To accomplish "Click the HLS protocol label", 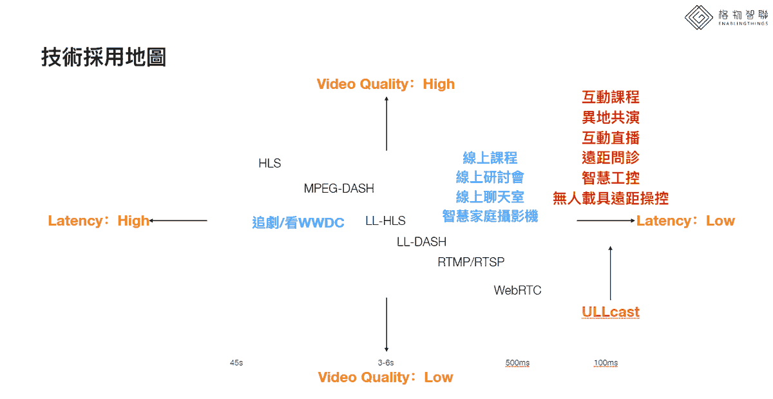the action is point(269,163).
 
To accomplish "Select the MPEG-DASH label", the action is point(339,188).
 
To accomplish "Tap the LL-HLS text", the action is point(385,220).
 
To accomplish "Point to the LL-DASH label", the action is point(421,242).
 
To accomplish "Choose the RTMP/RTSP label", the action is point(471,262).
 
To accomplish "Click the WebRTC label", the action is point(517,290).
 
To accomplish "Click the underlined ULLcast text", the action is point(611,312).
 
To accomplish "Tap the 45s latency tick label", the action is point(236,363).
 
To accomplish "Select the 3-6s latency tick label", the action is point(386,363).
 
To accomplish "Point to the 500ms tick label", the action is point(517,363).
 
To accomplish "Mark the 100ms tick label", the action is point(606,363).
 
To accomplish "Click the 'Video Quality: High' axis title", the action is point(386,84).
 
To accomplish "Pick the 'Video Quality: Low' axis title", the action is point(385,377).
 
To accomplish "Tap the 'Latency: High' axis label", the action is point(99,220).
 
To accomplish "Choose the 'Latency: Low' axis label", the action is point(685,220).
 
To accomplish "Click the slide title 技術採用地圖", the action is point(104,57).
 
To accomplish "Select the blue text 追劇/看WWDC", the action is point(298,222).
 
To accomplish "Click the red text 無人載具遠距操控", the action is point(611,199).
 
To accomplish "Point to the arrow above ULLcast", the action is point(611,273).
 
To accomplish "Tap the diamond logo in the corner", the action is point(699,17).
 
